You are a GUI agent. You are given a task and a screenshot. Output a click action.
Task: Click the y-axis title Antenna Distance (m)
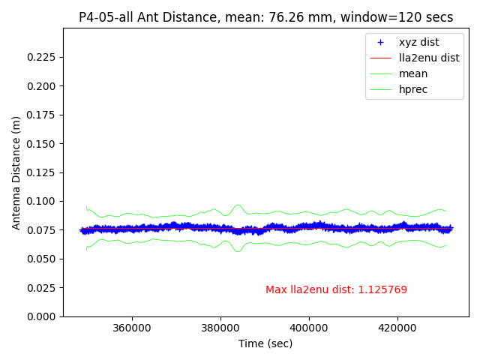[x=16, y=172]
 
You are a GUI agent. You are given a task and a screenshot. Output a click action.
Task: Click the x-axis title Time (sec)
[x=265, y=343]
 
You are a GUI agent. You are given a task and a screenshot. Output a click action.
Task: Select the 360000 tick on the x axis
[x=132, y=328]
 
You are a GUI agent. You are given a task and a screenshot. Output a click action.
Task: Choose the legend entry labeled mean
[x=413, y=73]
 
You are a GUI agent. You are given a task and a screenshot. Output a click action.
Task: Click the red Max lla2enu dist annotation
[x=336, y=290]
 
